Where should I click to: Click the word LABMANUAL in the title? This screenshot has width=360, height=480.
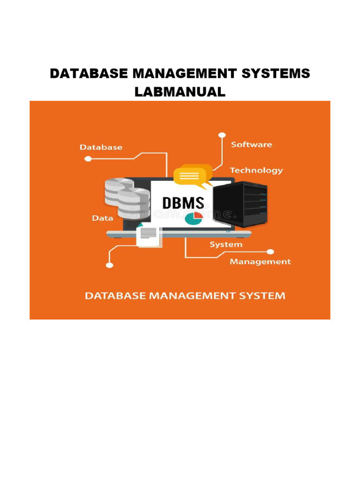pos(180,92)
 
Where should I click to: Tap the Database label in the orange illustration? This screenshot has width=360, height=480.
pos(101,147)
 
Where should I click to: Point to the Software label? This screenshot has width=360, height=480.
pos(251,144)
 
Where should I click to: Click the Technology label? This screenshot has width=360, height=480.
pos(256,170)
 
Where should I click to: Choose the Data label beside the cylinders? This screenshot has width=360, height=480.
pos(102,218)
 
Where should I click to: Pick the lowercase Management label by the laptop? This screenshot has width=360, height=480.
pos(260,262)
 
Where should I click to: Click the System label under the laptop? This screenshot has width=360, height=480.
pos(226,245)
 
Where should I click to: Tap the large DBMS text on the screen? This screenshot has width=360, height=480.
pos(183,203)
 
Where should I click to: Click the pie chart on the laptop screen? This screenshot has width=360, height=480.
pos(193,217)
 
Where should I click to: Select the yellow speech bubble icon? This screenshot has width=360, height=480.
pos(192,176)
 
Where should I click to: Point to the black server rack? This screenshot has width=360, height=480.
pos(240,204)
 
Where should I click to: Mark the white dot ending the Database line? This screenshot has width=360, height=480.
pos(88,159)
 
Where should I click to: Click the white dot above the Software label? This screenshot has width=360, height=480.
pos(222,135)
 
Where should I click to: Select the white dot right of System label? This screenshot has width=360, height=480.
pos(270,251)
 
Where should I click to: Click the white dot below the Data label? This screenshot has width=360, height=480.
pos(110,265)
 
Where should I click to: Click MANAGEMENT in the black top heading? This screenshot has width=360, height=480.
pos(187,74)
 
